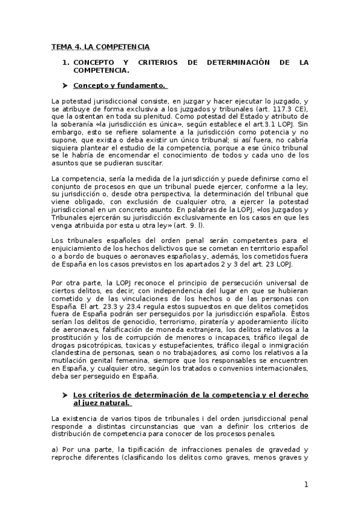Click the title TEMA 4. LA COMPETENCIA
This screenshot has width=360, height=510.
100,46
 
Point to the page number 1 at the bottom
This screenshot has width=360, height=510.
306,485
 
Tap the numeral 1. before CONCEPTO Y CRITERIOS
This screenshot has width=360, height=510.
66,62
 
